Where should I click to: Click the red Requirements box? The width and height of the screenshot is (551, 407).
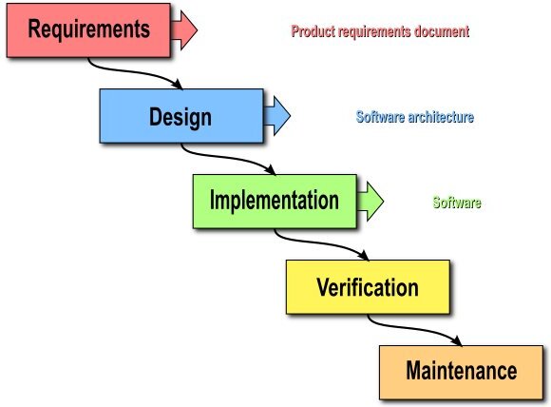tap(88, 30)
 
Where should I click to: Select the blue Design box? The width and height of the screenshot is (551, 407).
tap(181, 116)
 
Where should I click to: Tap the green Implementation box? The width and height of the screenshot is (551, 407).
tap(275, 202)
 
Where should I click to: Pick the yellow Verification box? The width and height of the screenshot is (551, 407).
tap(368, 286)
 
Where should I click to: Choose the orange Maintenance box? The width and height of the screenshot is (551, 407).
tap(461, 372)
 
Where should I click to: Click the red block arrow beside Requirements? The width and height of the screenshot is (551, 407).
tap(183, 30)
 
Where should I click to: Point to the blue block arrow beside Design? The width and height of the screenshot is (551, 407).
tap(276, 116)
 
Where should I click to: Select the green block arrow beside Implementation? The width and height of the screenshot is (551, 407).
tap(370, 202)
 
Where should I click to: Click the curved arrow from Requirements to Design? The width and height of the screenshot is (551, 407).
tap(135, 72)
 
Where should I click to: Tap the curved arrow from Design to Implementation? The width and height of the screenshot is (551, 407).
tap(228, 158)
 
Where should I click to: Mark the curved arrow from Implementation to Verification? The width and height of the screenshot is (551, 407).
tap(321, 243)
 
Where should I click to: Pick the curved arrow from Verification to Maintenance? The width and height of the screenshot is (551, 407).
tap(414, 329)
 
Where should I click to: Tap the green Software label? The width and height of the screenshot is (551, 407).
tap(457, 203)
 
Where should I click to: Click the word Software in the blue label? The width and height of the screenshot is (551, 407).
tap(381, 117)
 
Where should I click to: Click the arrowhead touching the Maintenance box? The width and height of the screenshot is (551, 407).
tap(457, 340)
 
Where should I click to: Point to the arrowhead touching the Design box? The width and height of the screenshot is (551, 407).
tap(178, 85)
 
